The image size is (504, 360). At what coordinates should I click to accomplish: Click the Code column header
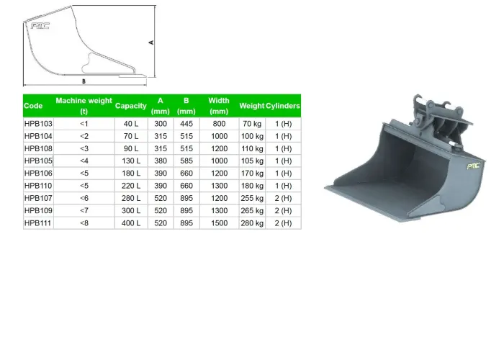coord(33,106)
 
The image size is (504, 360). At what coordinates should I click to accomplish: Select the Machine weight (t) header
coord(84,106)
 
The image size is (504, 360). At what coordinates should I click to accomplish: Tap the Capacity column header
coord(131,106)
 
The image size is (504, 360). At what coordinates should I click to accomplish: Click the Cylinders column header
coord(283,106)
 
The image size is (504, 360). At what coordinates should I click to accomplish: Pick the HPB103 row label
coord(38,124)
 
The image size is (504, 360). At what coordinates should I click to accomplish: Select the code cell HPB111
coord(38,223)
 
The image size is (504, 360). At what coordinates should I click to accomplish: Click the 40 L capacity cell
coord(131,124)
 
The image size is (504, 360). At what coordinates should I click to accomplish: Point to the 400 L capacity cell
coord(131,223)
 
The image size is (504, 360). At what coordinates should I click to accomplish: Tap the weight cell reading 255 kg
coord(252,198)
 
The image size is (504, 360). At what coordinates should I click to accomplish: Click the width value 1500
coord(219,223)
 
